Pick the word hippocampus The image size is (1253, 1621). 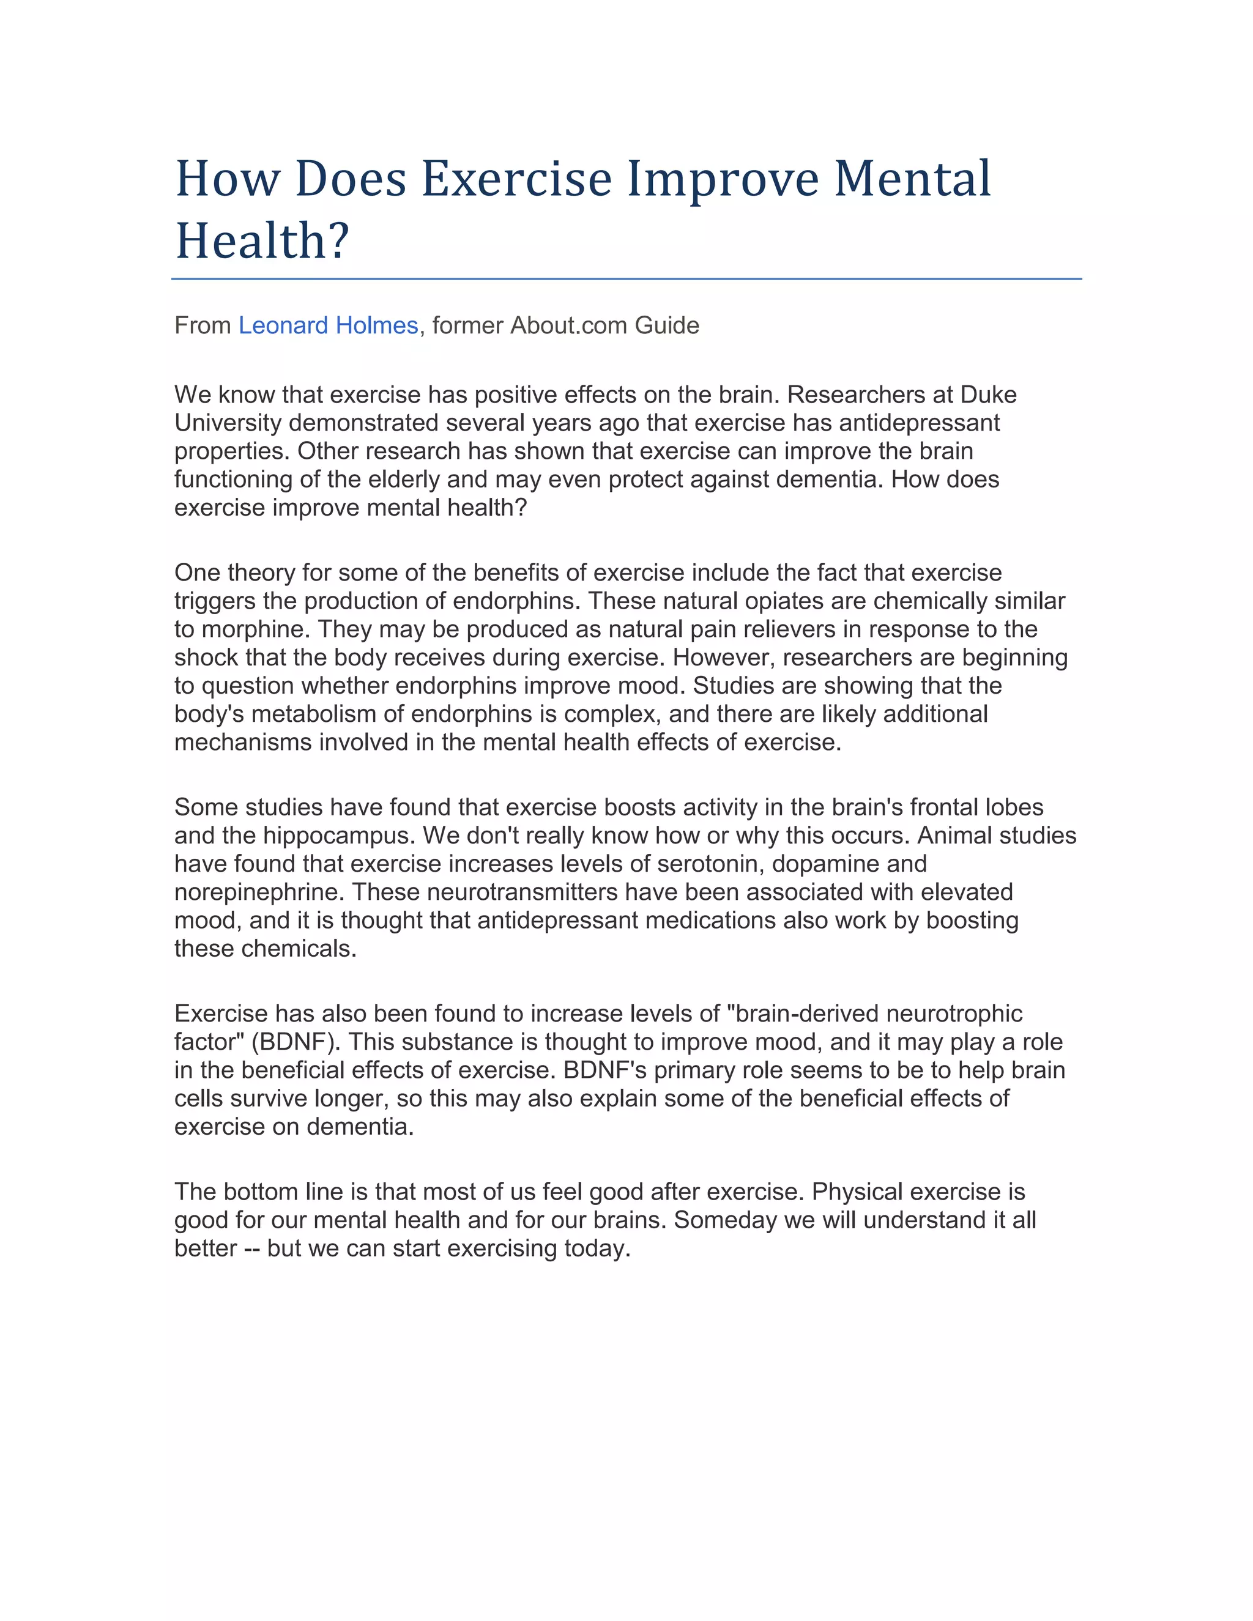click(338, 835)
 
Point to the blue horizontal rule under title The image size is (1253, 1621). click(626, 279)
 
